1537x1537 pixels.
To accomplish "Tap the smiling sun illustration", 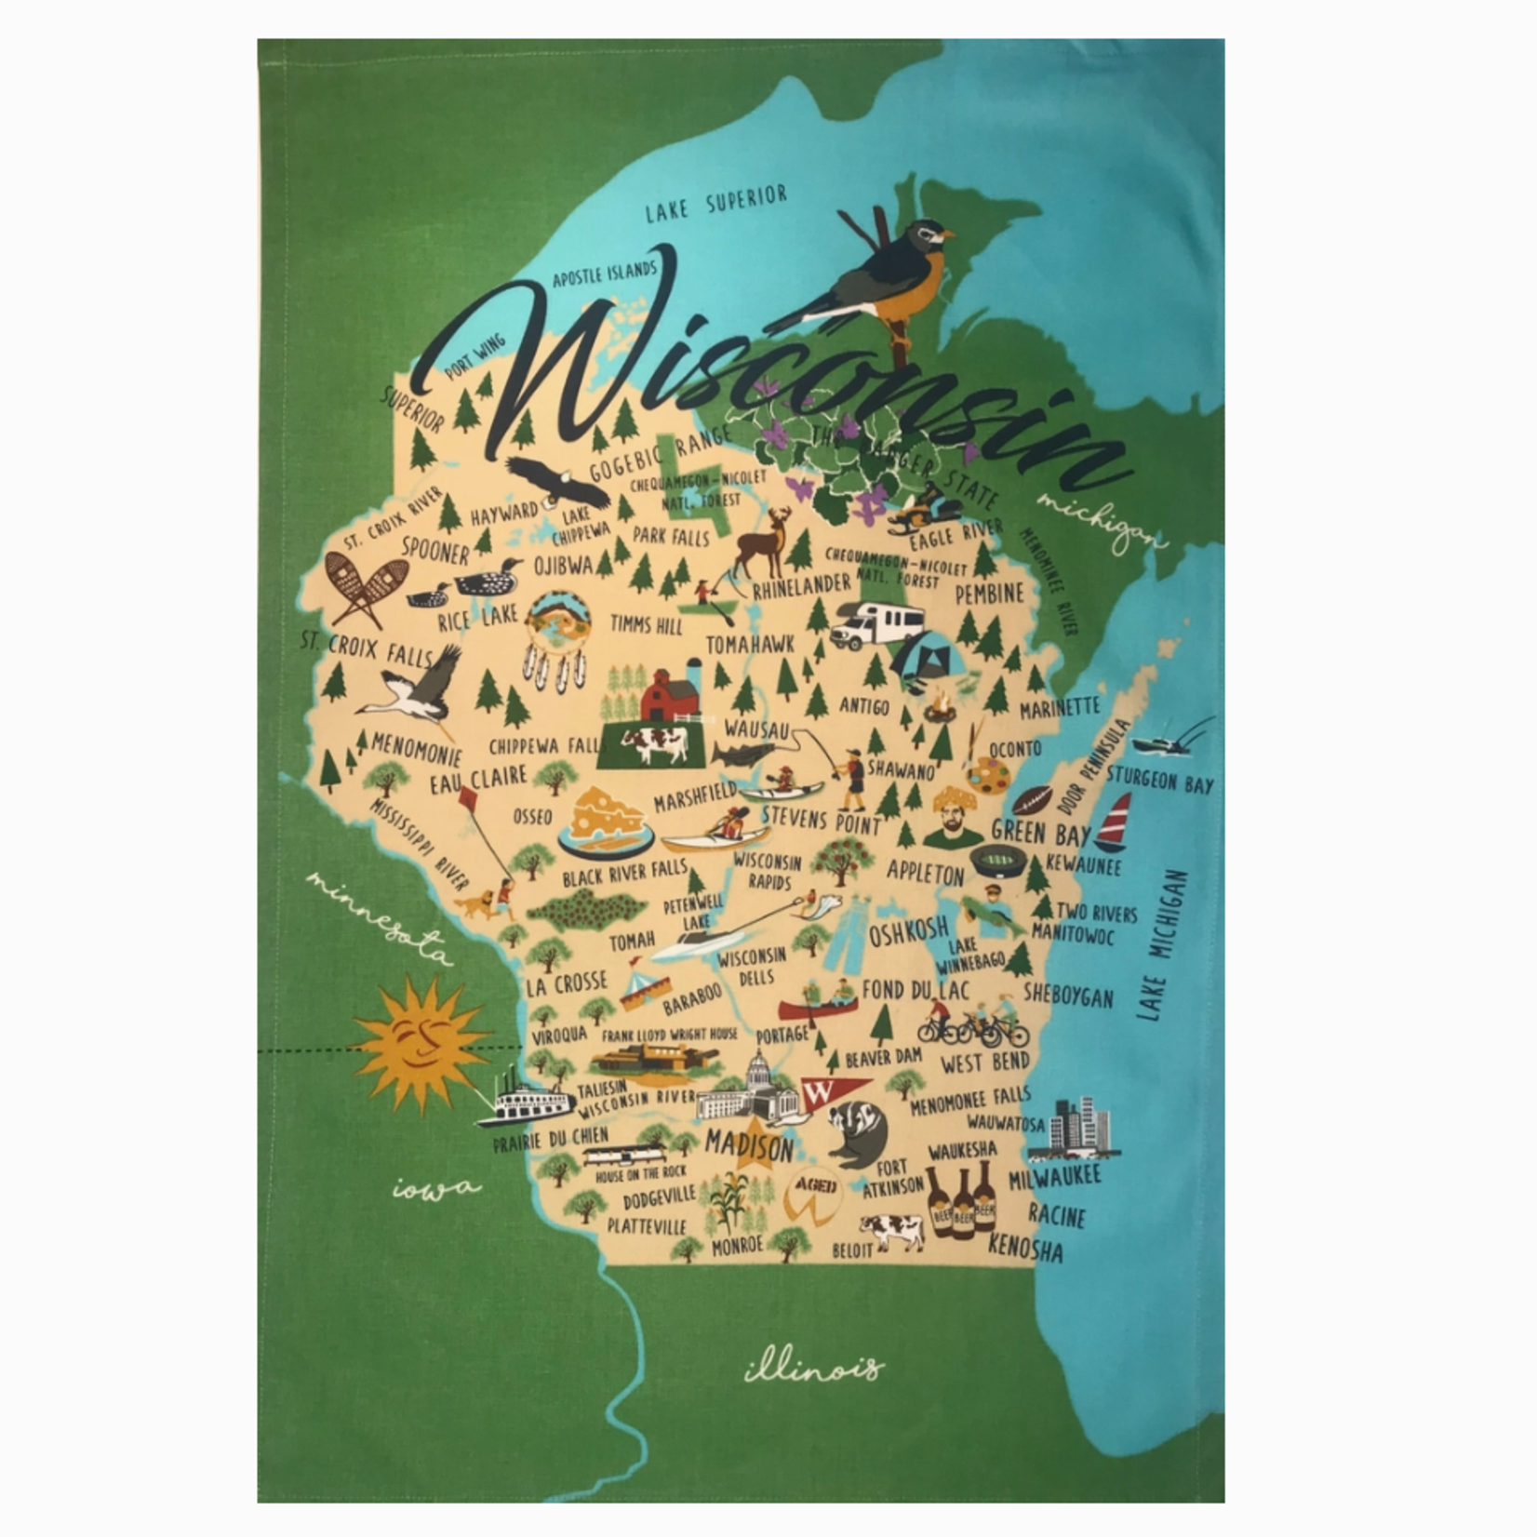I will pyautogui.click(x=421, y=1044).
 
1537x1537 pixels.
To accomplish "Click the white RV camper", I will pyautogui.click(x=876, y=623).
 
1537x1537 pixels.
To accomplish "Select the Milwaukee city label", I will pyautogui.click(x=1055, y=1177).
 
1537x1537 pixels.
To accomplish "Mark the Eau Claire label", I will pyautogui.click(x=477, y=779).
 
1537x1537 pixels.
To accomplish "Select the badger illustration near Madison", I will pyautogui.click(x=856, y=1133).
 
